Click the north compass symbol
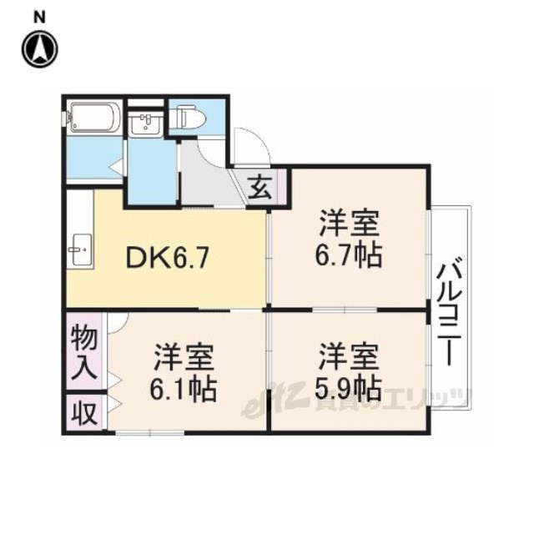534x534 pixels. (40, 49)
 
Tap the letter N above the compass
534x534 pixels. (39, 17)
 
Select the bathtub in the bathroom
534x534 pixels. (94, 118)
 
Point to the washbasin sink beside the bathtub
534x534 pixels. (145, 124)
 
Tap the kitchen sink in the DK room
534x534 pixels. (81, 249)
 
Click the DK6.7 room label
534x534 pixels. (167, 258)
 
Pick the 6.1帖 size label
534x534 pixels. (184, 389)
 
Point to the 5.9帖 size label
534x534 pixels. (348, 388)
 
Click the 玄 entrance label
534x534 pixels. (260, 188)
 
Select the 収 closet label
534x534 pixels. (84, 414)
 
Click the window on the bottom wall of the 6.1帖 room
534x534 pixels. (150, 433)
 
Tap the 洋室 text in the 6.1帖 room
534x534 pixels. (184, 358)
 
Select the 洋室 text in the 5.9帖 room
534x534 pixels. (349, 357)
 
